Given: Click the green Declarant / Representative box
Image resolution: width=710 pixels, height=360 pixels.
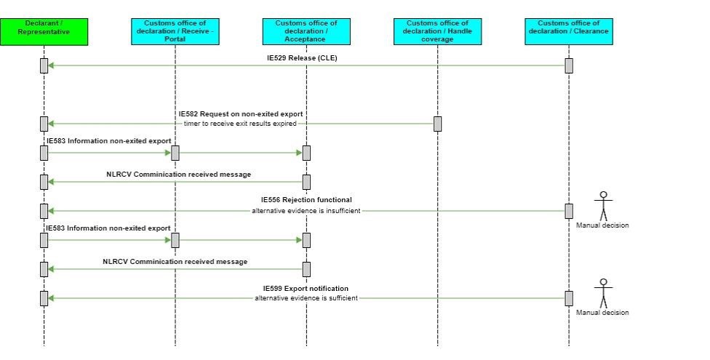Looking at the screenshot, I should click(x=44, y=32).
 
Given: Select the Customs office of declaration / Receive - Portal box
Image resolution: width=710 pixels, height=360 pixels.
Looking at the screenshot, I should click(x=175, y=32).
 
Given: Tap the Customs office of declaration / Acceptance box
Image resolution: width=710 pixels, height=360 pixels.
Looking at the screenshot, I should click(x=306, y=32).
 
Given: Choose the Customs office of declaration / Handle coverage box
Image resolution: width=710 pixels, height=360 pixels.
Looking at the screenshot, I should click(x=437, y=32).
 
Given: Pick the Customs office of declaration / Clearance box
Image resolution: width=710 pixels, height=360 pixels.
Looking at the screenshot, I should click(x=569, y=32).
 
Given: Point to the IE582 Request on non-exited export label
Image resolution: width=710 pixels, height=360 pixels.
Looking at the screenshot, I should click(x=241, y=114).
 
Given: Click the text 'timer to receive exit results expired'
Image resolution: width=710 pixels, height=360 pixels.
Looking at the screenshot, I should click(x=240, y=124).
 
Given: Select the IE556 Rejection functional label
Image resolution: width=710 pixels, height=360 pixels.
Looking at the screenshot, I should click(x=306, y=200).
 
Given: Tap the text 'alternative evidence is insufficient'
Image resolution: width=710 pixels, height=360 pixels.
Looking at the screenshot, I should click(x=306, y=211).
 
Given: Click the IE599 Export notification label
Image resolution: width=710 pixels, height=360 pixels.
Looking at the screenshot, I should click(x=306, y=289).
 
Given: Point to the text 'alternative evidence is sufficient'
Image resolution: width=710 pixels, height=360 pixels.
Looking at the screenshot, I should click(x=306, y=298).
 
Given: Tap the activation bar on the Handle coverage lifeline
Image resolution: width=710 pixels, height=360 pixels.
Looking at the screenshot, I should click(x=437, y=124).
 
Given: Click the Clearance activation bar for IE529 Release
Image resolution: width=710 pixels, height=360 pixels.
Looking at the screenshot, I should click(x=569, y=65).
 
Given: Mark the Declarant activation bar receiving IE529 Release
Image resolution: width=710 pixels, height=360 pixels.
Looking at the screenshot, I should click(x=44, y=65).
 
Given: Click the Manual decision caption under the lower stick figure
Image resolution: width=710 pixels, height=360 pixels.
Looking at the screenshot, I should click(x=602, y=313).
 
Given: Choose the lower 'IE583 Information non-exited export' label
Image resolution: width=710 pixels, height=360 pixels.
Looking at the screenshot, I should click(x=109, y=228).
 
